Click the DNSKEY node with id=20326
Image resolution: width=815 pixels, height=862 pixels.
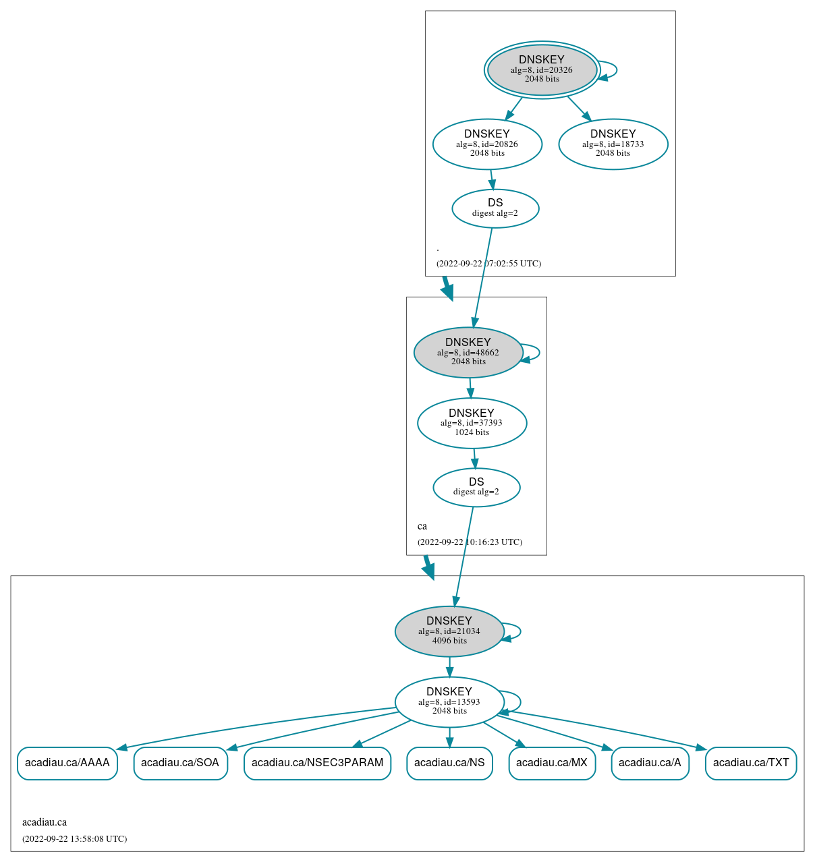pyautogui.click(x=542, y=69)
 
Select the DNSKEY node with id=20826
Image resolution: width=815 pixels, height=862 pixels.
pyautogui.click(x=487, y=144)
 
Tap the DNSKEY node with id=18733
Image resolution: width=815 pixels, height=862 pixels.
pyautogui.click(x=613, y=144)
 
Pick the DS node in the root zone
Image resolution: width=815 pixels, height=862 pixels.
pyautogui.click(x=495, y=208)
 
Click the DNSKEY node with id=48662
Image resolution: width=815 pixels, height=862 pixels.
pyautogui.click(x=468, y=352)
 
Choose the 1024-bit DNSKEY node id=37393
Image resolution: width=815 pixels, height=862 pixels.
pyautogui.click(x=472, y=423)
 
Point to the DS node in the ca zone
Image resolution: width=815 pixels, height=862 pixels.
pyautogui.click(x=476, y=487)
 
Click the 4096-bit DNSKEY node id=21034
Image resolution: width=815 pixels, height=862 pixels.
pyautogui.click(x=449, y=631)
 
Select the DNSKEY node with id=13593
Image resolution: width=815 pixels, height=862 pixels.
pyautogui.click(x=449, y=701)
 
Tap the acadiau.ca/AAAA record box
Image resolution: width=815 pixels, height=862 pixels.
pyautogui.click(x=67, y=763)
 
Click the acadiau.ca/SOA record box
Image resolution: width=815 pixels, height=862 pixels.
pyautogui.click(x=180, y=763)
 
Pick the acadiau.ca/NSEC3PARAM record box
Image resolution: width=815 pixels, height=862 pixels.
pyautogui.click(x=317, y=763)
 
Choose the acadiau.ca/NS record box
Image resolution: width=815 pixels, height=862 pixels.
pyautogui.click(x=449, y=763)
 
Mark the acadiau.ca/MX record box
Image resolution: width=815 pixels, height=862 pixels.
pyautogui.click(x=552, y=763)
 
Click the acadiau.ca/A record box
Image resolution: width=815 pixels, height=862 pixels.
pyautogui.click(x=650, y=763)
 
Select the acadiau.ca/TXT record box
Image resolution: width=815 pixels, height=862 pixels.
pyautogui.click(x=751, y=763)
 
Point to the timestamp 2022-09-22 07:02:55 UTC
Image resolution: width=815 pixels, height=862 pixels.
pyautogui.click(x=488, y=264)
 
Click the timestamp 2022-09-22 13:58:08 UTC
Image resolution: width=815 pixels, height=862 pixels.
pyautogui.click(x=74, y=839)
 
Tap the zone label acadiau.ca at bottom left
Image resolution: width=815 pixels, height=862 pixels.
pyautogui.click(x=45, y=822)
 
